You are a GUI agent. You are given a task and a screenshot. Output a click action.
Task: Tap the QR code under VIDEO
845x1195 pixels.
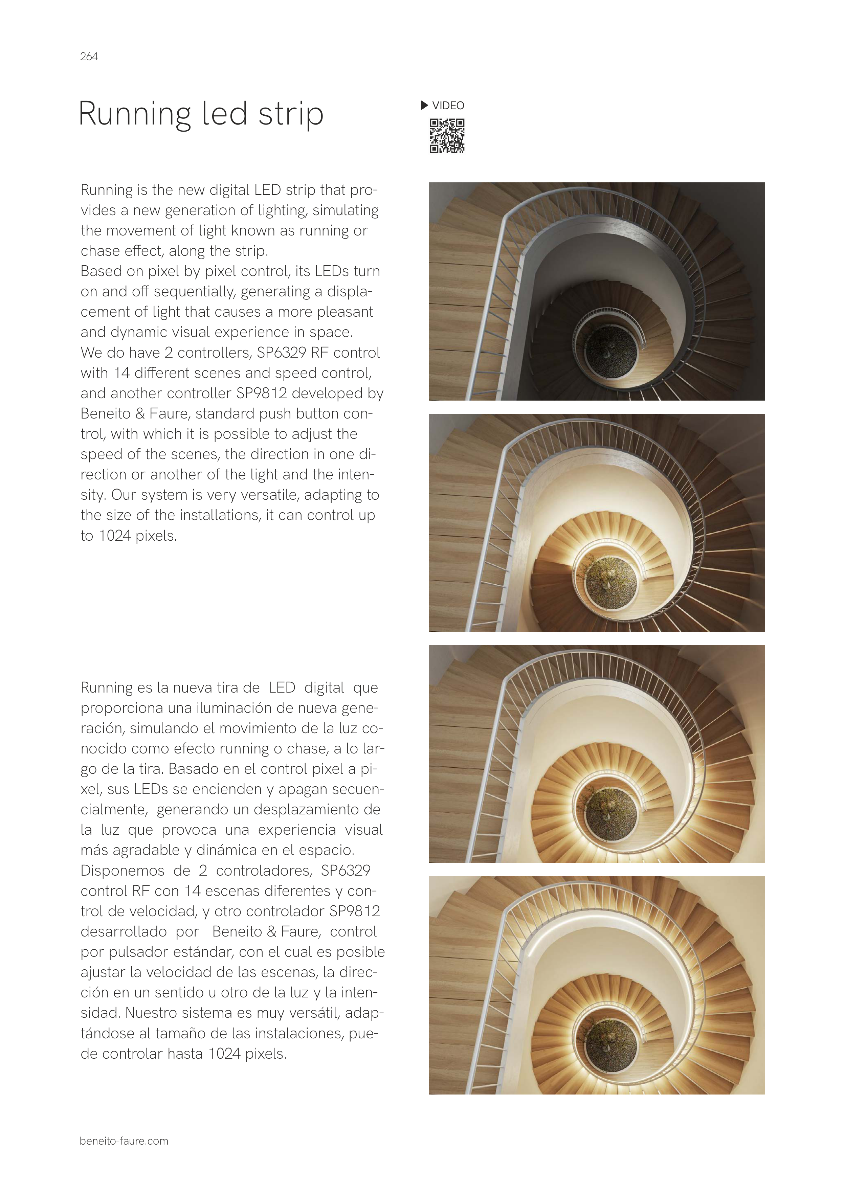(x=447, y=136)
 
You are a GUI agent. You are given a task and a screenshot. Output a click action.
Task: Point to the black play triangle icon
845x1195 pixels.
(x=424, y=106)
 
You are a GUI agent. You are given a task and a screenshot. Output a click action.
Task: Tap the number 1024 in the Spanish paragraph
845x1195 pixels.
(x=225, y=1054)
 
